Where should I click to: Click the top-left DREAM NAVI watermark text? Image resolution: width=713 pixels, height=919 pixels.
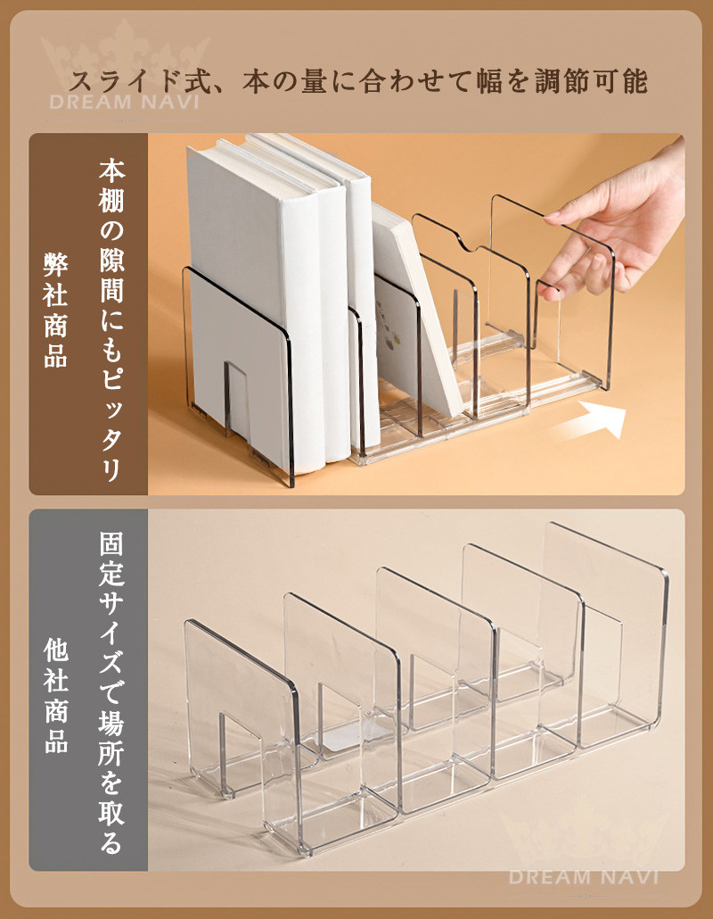tap(124, 102)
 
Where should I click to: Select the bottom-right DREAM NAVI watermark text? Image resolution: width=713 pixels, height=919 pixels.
tap(584, 877)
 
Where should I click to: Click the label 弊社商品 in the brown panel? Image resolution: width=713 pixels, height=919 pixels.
tap(55, 310)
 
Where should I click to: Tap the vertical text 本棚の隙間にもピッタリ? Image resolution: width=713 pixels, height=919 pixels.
tap(111, 319)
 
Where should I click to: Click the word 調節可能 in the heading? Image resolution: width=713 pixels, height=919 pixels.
tap(591, 81)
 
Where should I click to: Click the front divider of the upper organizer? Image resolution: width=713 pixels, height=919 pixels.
tap(240, 375)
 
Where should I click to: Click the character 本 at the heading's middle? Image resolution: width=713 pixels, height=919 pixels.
tap(257, 81)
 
